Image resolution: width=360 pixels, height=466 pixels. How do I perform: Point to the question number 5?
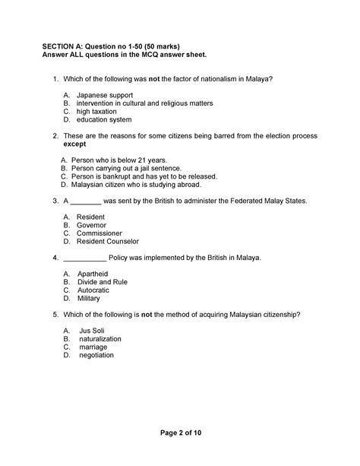55,314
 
